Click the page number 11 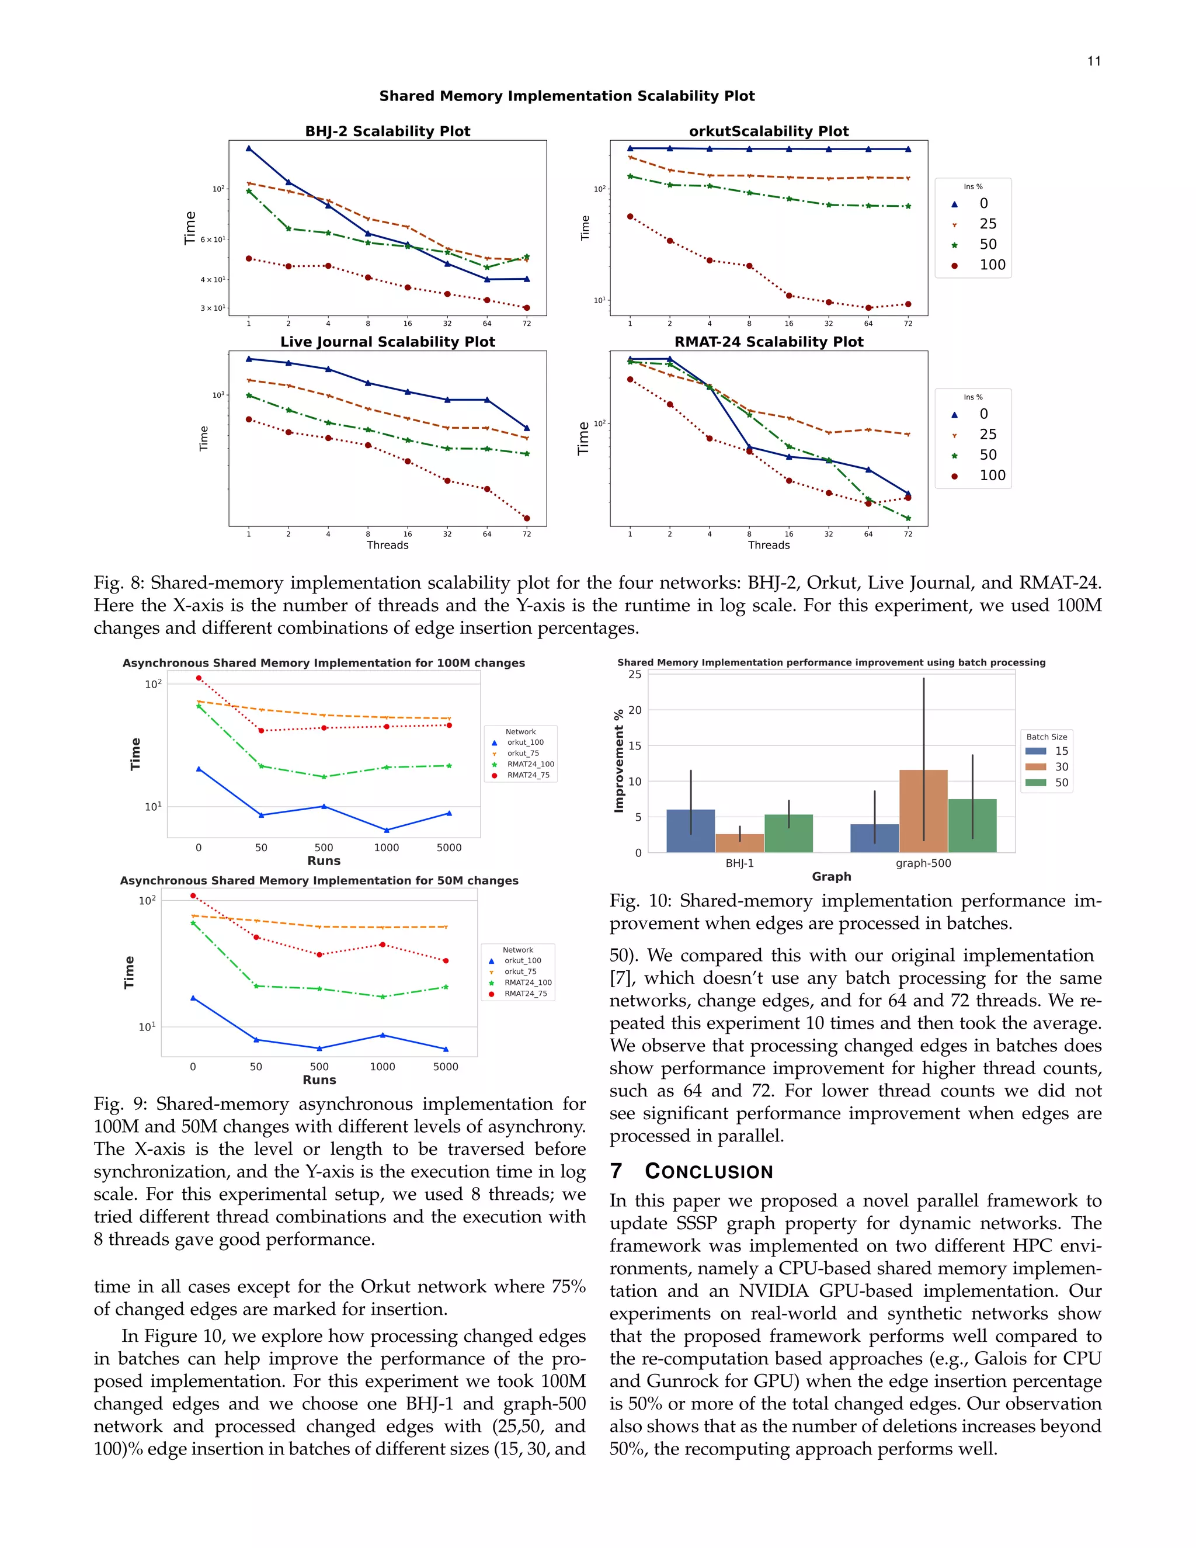(1094, 62)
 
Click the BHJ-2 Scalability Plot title (388, 131)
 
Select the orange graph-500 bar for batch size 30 (923, 811)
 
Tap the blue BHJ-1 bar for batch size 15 (691, 831)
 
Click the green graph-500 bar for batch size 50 (972, 826)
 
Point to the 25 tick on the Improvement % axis (635, 674)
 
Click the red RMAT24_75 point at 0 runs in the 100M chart (199, 678)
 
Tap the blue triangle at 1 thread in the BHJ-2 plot (249, 148)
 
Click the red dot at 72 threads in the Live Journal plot (526, 518)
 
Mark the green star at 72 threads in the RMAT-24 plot (908, 518)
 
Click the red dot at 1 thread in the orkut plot (630, 217)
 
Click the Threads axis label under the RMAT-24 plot (769, 545)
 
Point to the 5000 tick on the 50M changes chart (446, 1067)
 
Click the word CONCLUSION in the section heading (708, 1172)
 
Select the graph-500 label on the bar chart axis (923, 863)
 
